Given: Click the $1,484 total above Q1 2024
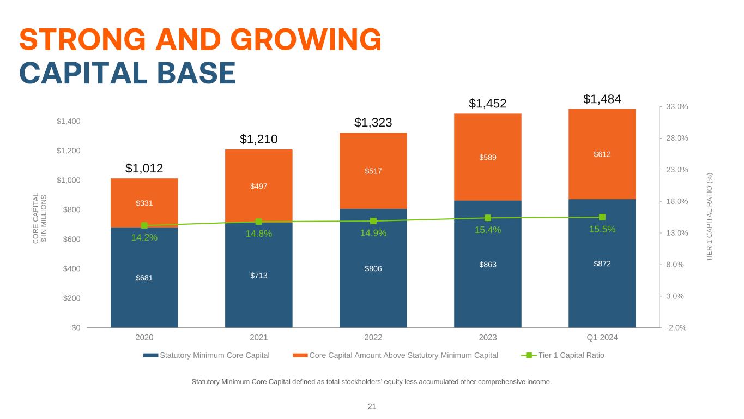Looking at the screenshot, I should coord(602,99).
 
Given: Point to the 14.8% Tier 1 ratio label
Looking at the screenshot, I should coord(258,234).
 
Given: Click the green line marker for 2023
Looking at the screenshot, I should coord(488,218).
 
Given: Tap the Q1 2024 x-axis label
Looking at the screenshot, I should coord(602,337).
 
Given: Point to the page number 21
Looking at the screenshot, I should coord(372,406).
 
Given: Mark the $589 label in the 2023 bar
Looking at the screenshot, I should coord(488,157).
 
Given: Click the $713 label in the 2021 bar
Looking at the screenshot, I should coord(258,275).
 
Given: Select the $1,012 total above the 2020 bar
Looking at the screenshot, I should coord(144,168).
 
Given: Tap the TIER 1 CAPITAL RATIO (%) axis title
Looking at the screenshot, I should coord(710,217).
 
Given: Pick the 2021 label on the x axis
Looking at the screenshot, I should coord(258,337).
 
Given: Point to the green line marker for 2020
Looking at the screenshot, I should coord(144,225).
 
